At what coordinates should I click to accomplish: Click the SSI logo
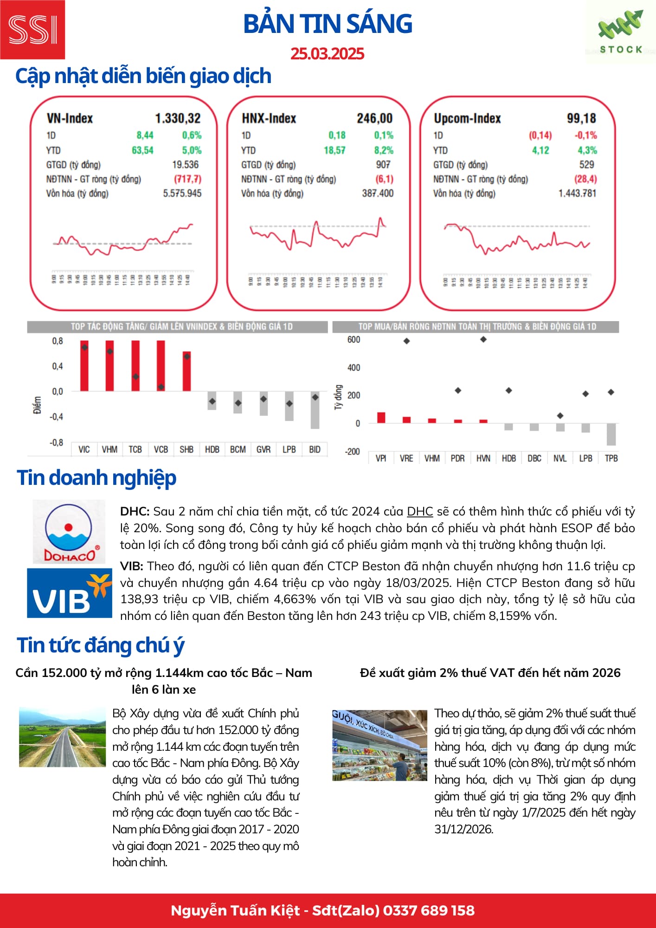click(32, 30)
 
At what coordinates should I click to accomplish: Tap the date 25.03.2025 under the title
click(327, 54)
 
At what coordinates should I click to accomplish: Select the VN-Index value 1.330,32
click(178, 118)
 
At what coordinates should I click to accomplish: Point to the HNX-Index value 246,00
click(374, 118)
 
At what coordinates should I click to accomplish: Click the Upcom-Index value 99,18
click(581, 118)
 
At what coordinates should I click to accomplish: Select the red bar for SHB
click(187, 371)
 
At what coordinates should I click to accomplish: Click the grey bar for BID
click(315, 410)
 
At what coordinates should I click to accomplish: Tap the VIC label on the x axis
click(84, 450)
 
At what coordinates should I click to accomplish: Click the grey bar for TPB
click(611, 434)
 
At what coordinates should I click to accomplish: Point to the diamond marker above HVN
click(483, 340)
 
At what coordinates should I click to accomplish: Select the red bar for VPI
click(381, 418)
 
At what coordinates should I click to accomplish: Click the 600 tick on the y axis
click(354, 340)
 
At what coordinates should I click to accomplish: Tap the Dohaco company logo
click(69, 532)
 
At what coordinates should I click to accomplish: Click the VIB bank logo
click(70, 593)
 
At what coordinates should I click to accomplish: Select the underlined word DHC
click(419, 511)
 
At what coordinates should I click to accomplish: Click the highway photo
click(62, 737)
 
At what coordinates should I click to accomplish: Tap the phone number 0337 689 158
click(429, 910)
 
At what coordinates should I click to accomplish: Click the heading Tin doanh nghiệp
click(96, 477)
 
